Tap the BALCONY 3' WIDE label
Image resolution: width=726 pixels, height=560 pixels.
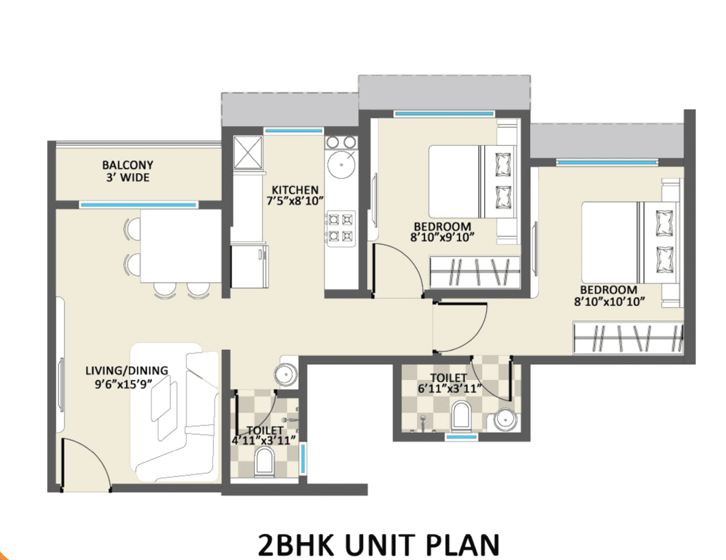[128, 171]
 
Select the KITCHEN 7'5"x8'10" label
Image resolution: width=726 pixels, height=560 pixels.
[295, 195]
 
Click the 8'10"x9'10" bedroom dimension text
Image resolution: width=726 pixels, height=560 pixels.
[442, 238]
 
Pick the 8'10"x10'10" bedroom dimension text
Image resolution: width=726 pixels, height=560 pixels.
[610, 302]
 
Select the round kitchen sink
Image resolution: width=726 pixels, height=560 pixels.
[342, 164]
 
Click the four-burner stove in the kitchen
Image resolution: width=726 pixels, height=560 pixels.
[341, 227]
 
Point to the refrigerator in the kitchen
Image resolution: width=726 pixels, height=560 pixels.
[249, 266]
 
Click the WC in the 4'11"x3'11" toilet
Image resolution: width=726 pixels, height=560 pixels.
[264, 462]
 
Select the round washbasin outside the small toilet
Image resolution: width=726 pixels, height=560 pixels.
[285, 373]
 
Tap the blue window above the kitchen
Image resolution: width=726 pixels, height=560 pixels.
[293, 131]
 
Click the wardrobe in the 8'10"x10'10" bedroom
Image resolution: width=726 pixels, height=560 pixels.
[628, 338]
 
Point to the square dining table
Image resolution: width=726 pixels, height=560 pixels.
[181, 246]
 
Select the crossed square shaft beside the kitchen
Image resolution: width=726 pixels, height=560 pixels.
[247, 153]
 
